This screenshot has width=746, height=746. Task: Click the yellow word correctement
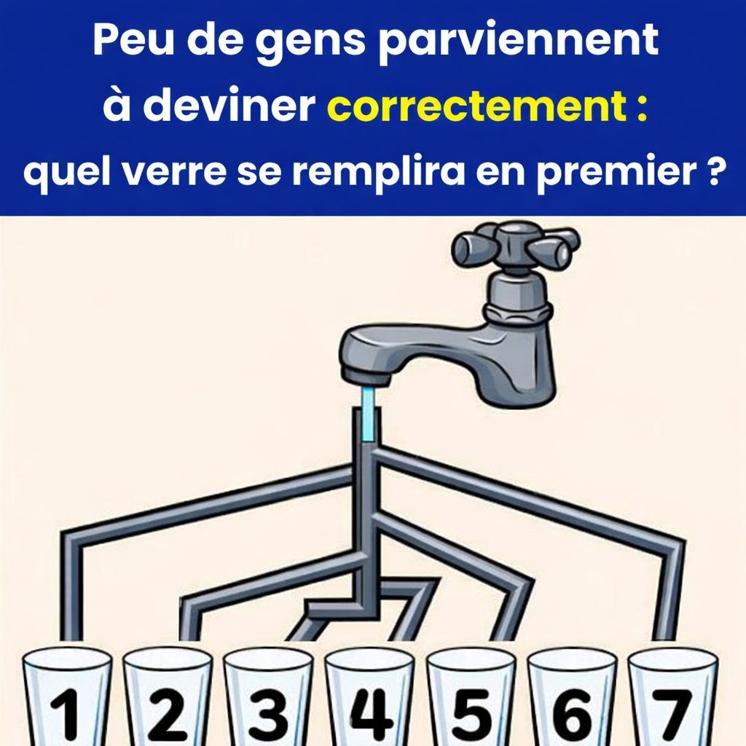pyautogui.click(x=478, y=107)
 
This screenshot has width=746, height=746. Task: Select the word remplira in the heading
pyautogui.click(x=391, y=174)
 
